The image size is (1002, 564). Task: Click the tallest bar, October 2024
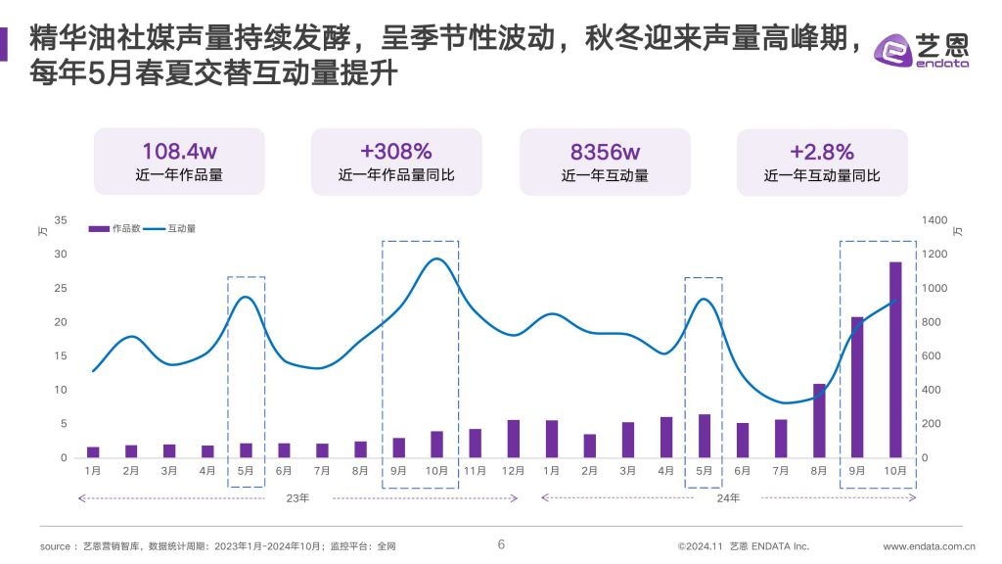(895, 359)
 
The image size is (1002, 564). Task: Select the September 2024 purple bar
(857, 387)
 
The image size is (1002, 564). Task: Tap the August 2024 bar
(819, 420)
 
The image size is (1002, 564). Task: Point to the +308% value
(396, 152)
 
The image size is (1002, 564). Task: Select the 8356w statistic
(605, 152)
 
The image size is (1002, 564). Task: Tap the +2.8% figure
(822, 152)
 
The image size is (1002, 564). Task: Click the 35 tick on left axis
(62, 220)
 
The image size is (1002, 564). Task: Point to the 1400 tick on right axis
(934, 220)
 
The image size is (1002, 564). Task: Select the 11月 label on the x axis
(475, 471)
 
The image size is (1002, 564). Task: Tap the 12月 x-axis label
(513, 471)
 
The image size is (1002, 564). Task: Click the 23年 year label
(298, 498)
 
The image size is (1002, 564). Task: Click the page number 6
(501, 544)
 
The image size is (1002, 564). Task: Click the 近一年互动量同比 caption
(822, 176)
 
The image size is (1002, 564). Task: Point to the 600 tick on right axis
(932, 356)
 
